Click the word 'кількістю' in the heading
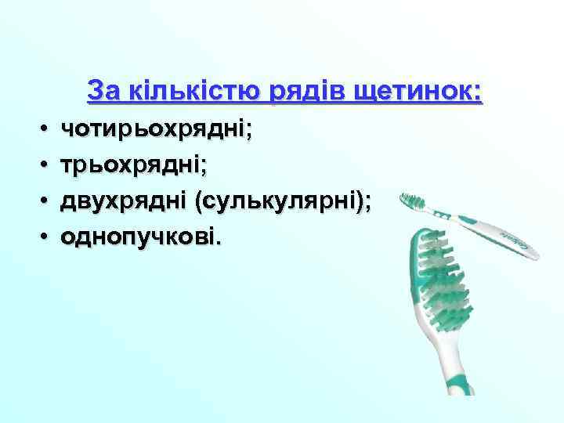pyautogui.click(x=185, y=92)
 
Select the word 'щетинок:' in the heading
pyautogui.click(x=418, y=92)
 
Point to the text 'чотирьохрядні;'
pyautogui.click(x=157, y=130)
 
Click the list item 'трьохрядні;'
pyautogui.click(x=134, y=166)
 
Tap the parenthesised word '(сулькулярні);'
pyautogui.click(x=283, y=201)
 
